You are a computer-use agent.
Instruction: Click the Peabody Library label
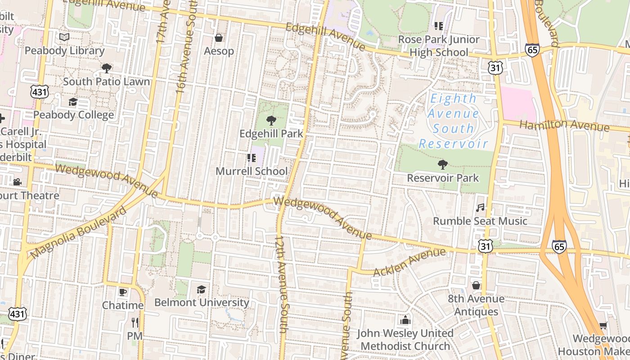[64, 50]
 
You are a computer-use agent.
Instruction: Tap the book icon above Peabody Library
[64, 37]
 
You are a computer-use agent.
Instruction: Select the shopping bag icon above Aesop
[219, 37]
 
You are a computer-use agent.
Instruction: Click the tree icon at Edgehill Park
[271, 120]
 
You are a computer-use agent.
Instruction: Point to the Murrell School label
[251, 171]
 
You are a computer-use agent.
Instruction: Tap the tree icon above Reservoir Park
[443, 164]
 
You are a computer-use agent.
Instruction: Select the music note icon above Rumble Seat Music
[480, 207]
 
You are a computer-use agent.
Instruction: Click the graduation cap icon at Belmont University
[201, 289]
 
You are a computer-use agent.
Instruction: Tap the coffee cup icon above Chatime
[122, 292]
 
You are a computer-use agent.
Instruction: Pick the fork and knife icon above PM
[135, 322]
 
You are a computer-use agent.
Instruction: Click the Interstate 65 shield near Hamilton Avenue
[532, 49]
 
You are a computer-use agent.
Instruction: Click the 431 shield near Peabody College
[39, 92]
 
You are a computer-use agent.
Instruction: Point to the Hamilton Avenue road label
[564, 125]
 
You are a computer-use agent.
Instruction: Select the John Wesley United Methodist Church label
[405, 340]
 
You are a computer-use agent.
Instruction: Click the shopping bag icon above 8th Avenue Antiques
[476, 285]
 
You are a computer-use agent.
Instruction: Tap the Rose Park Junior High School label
[438, 46]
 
